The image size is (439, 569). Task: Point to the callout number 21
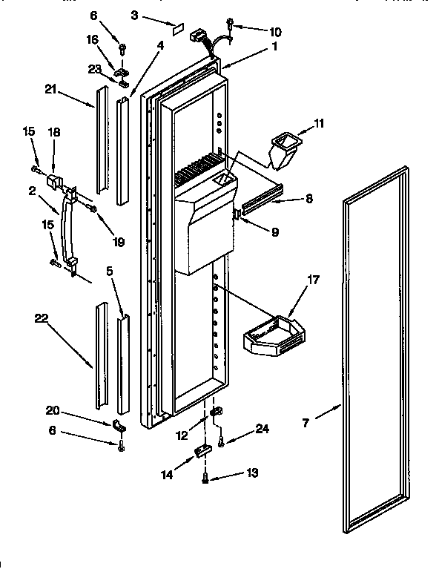pos(50,92)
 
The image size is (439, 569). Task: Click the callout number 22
pos(42,318)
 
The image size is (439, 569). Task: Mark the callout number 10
pos(254,32)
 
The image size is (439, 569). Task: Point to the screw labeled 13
pos(205,480)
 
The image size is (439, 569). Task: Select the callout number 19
pos(118,242)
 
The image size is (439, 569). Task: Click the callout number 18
pos(54,131)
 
